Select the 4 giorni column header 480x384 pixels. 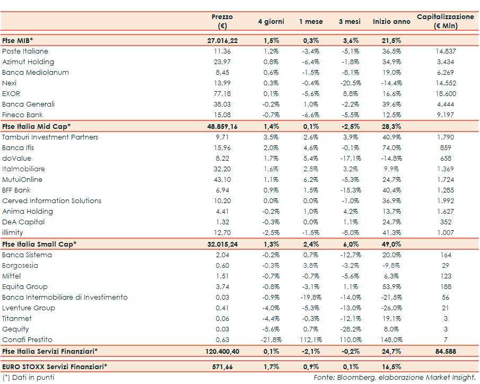[271, 22]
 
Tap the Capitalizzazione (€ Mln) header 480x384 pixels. [446, 22]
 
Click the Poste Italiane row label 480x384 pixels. [25, 51]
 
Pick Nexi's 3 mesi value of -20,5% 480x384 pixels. [350, 83]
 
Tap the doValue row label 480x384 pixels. [16, 159]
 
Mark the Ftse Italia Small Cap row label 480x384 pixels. [39, 244]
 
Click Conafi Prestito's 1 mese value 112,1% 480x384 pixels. [311, 340]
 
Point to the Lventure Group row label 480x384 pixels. [28, 308]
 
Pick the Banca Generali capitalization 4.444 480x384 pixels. [446, 104]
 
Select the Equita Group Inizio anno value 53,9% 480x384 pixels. [391, 287]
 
